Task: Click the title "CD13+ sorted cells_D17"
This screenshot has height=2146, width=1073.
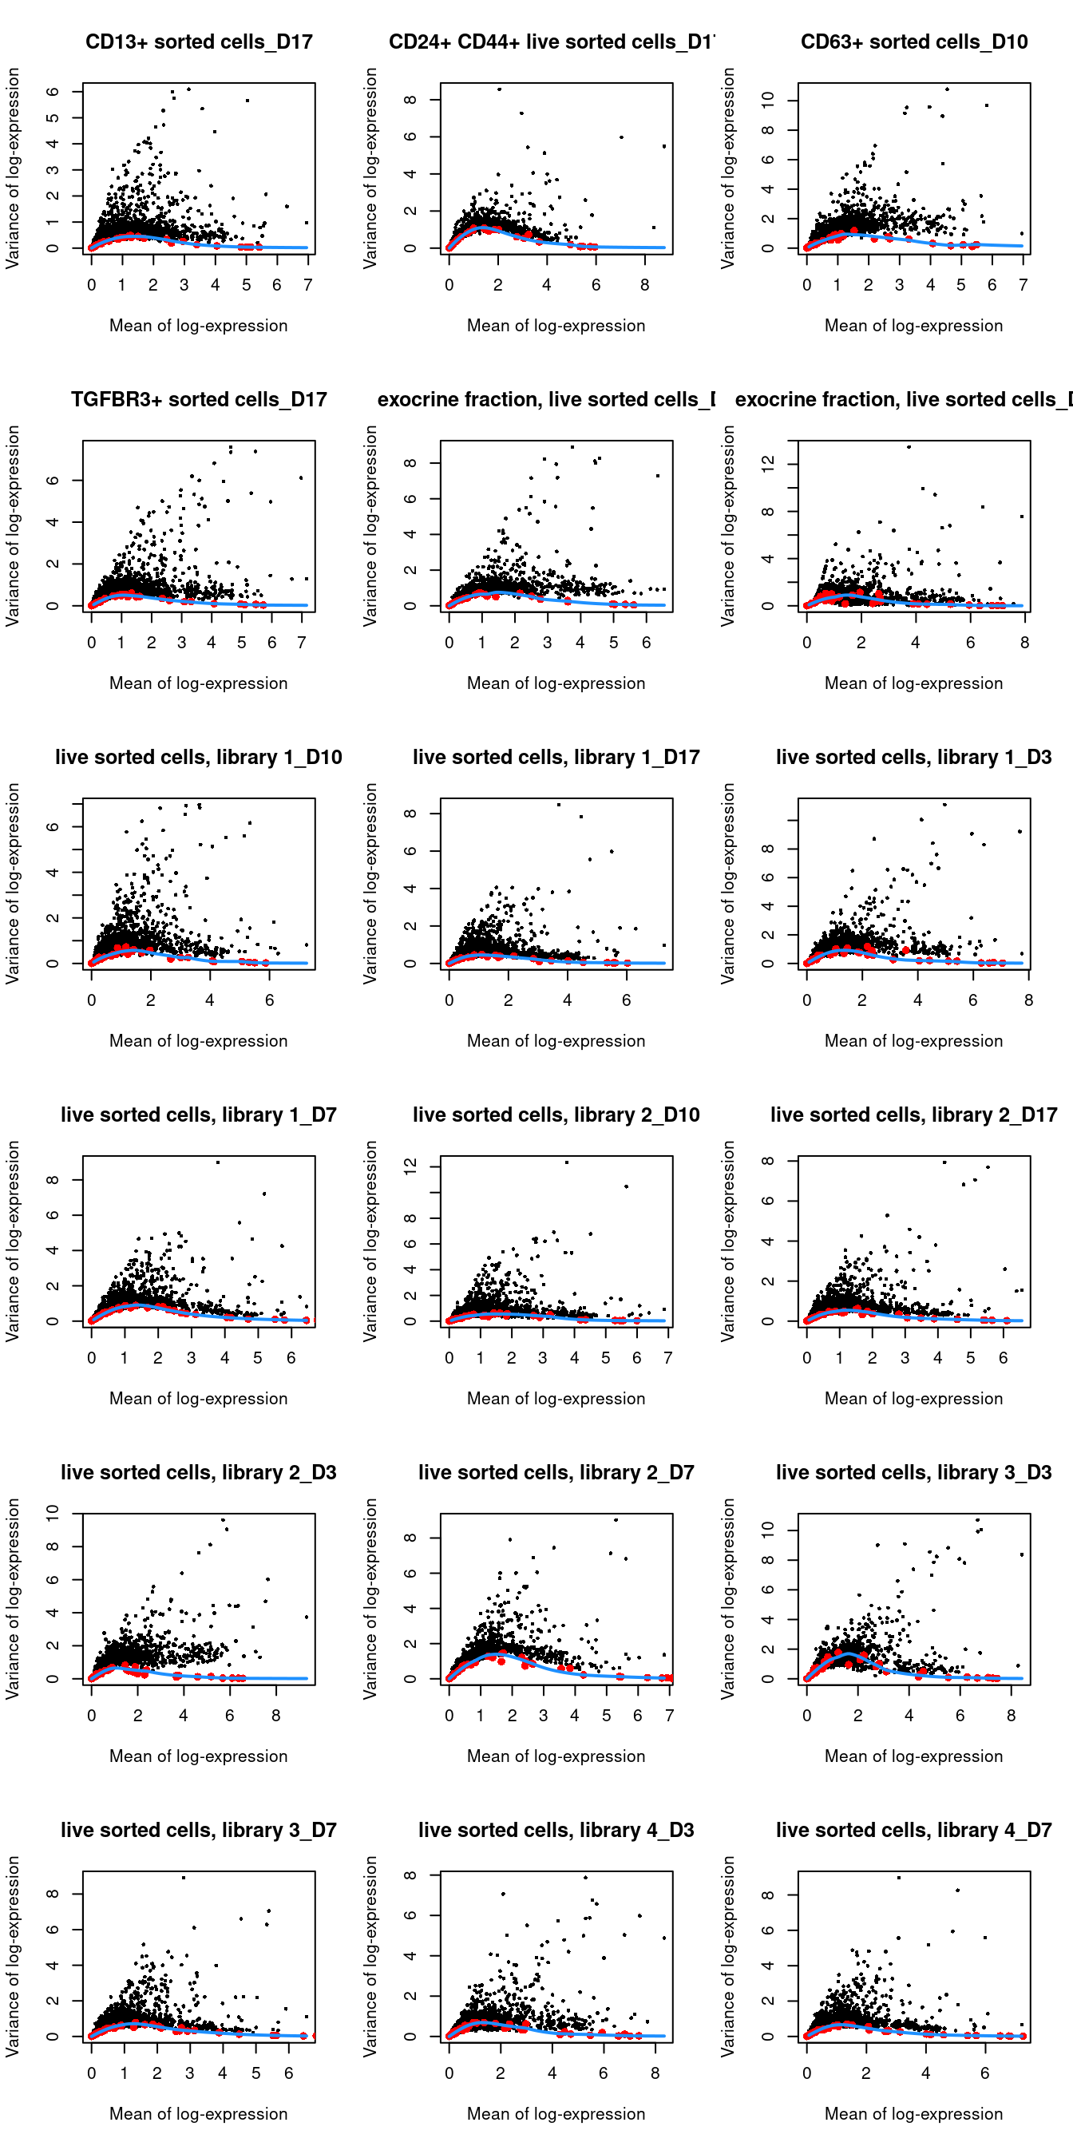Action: pyautogui.click(x=198, y=42)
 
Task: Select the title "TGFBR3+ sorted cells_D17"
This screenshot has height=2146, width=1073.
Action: pyautogui.click(x=198, y=399)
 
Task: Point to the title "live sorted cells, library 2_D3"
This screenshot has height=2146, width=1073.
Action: pyautogui.click(x=198, y=1472)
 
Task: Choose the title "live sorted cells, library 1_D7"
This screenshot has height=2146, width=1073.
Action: pyautogui.click(x=198, y=1115)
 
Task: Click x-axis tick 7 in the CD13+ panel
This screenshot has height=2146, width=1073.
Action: pyautogui.click(x=308, y=285)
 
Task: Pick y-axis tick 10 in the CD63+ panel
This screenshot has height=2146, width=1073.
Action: pyautogui.click(x=768, y=100)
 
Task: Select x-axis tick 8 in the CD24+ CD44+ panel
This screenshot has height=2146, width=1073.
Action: pyautogui.click(x=645, y=285)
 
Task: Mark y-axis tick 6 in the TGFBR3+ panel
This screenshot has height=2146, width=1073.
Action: pyautogui.click(x=53, y=481)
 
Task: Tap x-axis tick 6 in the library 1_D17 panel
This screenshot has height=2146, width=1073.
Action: pyautogui.click(x=627, y=1000)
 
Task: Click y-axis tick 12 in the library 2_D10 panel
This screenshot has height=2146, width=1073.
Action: pyautogui.click(x=410, y=1166)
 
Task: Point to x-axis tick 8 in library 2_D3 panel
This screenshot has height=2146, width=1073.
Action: pyautogui.click(x=275, y=1716)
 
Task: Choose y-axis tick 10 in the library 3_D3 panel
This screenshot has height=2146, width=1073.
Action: pyautogui.click(x=768, y=1530)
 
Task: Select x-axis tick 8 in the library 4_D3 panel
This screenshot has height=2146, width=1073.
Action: pyautogui.click(x=655, y=2073)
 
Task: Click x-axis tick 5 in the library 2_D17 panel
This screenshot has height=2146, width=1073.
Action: pyautogui.click(x=971, y=1358)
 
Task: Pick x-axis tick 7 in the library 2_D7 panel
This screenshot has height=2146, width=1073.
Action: pyautogui.click(x=669, y=1716)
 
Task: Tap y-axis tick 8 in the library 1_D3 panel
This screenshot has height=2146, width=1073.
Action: pyautogui.click(x=768, y=849)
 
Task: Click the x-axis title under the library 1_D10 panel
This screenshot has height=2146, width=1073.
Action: pyautogui.click(x=198, y=1040)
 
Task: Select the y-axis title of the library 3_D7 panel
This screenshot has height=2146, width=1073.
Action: pyautogui.click(x=13, y=1956)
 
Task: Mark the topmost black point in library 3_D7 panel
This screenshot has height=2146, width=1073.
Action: pyautogui.click(x=184, y=1878)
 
